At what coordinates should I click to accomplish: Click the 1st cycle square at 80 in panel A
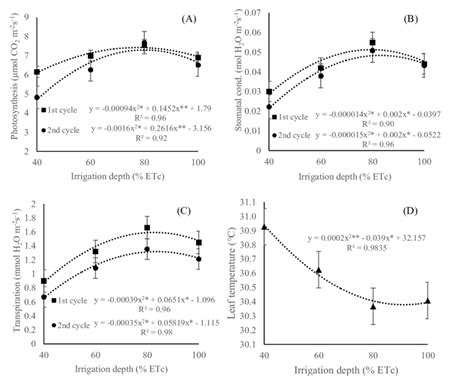click(x=143, y=44)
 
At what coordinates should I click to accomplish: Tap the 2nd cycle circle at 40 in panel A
click(x=37, y=98)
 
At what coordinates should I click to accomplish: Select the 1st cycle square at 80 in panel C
click(x=147, y=229)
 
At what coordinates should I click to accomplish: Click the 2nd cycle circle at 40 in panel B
click(x=270, y=107)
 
